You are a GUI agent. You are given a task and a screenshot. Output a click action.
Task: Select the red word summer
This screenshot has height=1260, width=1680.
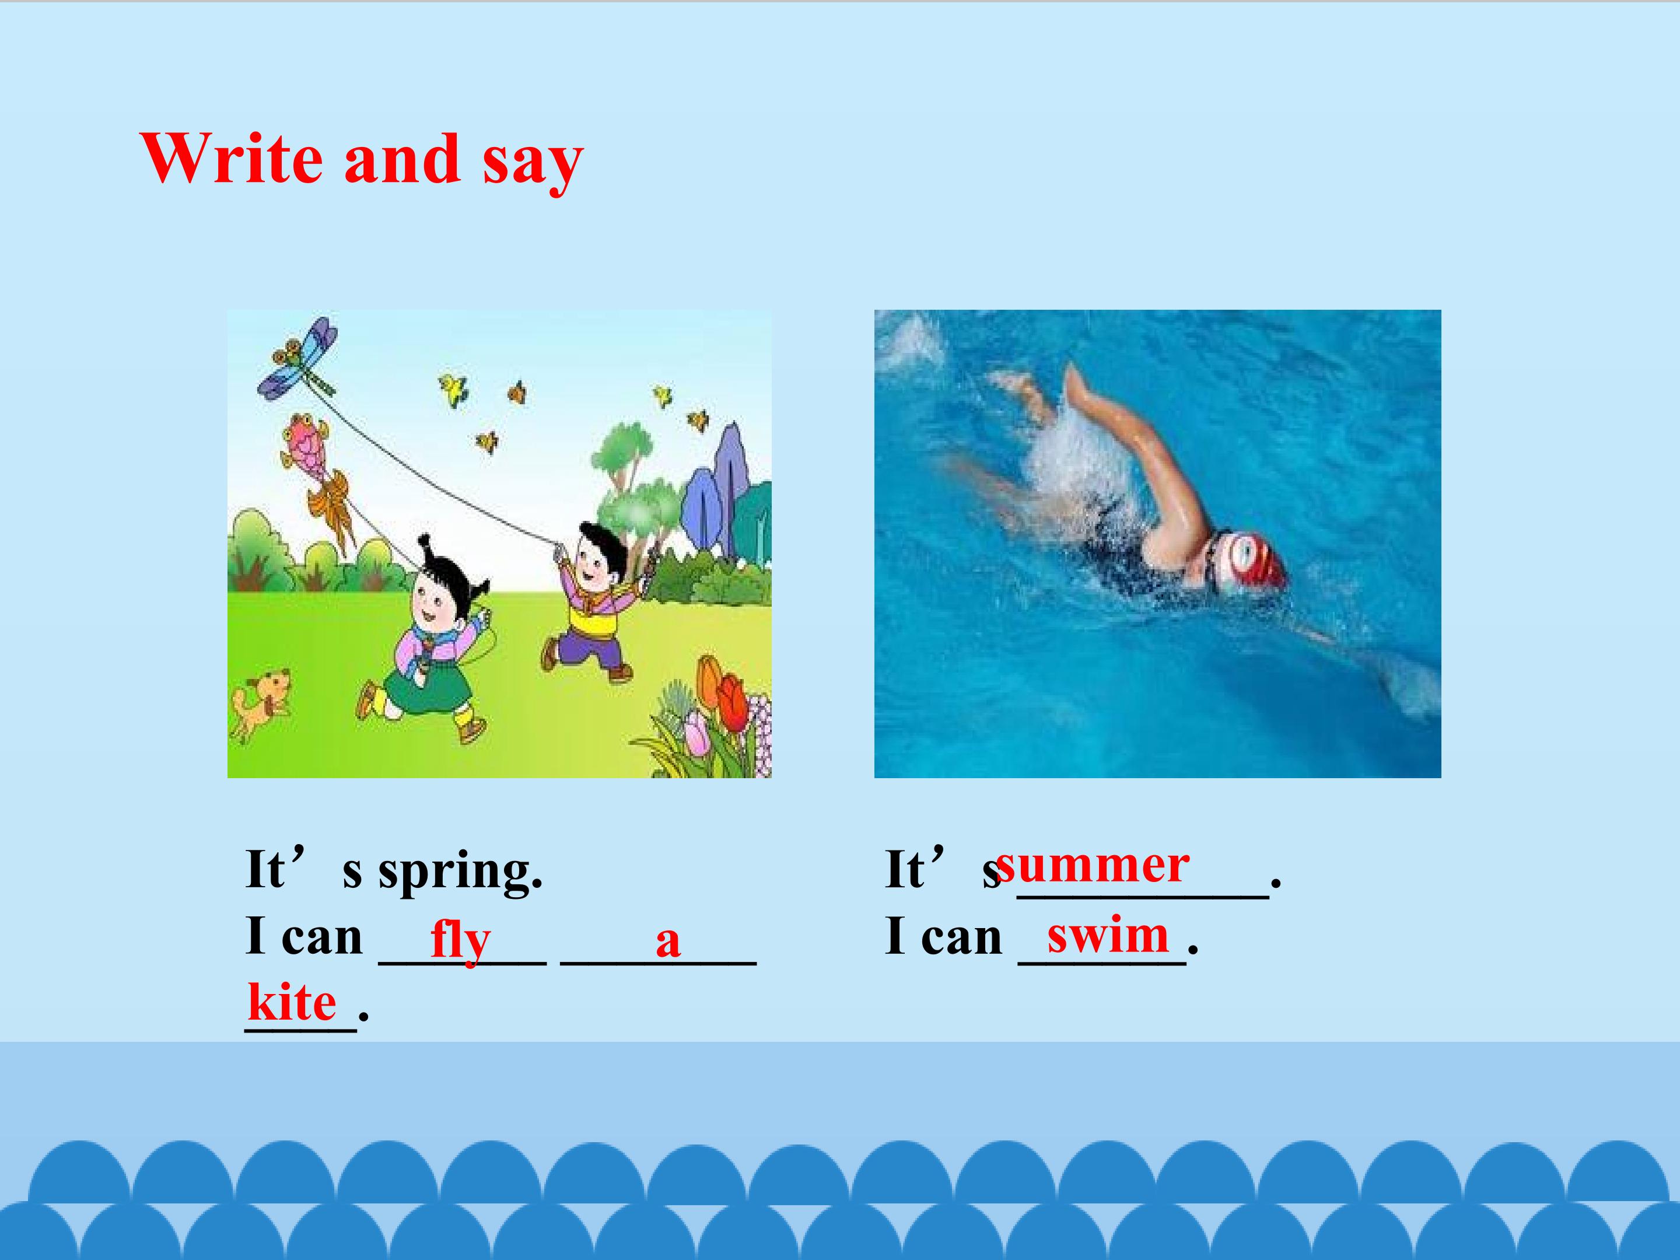[1092, 865]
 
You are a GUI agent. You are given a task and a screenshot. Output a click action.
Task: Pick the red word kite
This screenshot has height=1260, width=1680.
[292, 1003]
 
